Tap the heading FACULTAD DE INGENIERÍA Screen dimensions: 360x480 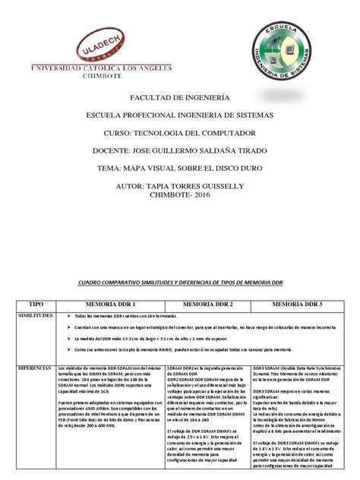pos(179,98)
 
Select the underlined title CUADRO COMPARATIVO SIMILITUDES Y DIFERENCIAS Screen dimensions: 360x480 pos(180,282)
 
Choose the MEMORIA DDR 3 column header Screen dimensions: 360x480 pos(297,304)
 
